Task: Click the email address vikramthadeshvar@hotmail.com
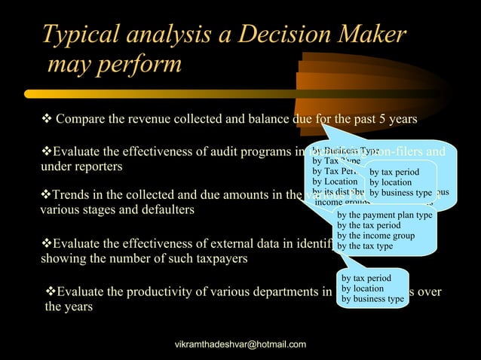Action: tap(240, 344)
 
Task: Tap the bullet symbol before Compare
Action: tap(46, 120)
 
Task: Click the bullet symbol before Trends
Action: tap(44, 196)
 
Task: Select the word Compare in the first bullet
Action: tap(81, 120)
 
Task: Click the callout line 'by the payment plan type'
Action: tap(384, 215)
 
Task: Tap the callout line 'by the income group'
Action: tap(376, 236)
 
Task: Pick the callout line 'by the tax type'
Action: tap(365, 246)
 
